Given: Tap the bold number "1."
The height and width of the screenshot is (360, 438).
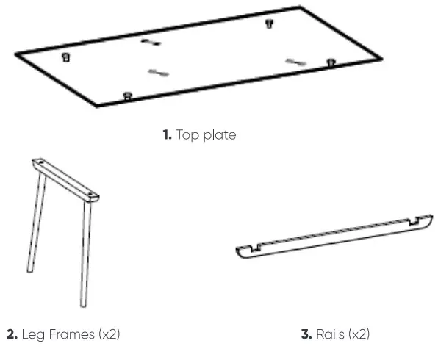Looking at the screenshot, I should click(166, 135).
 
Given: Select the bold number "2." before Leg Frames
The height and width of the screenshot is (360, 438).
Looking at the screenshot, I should click(12, 335).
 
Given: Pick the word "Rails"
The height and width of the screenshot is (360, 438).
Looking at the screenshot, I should click(330, 335).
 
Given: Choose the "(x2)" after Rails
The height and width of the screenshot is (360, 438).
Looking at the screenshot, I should click(358, 335).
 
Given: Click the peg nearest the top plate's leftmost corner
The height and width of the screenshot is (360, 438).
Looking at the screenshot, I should click(66, 57).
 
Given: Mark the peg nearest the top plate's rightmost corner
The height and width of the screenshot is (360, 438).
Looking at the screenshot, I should click(331, 63).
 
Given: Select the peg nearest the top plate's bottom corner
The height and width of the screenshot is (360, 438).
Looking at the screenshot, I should click(128, 95).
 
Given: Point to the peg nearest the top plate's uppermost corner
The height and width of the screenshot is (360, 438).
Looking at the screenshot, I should click(268, 24).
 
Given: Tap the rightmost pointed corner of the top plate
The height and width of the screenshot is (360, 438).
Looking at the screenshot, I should click(381, 59).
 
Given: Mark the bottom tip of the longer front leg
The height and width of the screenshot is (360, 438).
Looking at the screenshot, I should click(83, 305).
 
